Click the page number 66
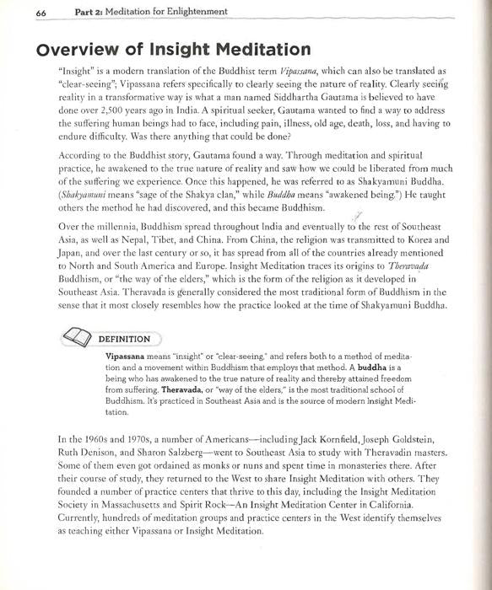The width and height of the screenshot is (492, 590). pos(19,11)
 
